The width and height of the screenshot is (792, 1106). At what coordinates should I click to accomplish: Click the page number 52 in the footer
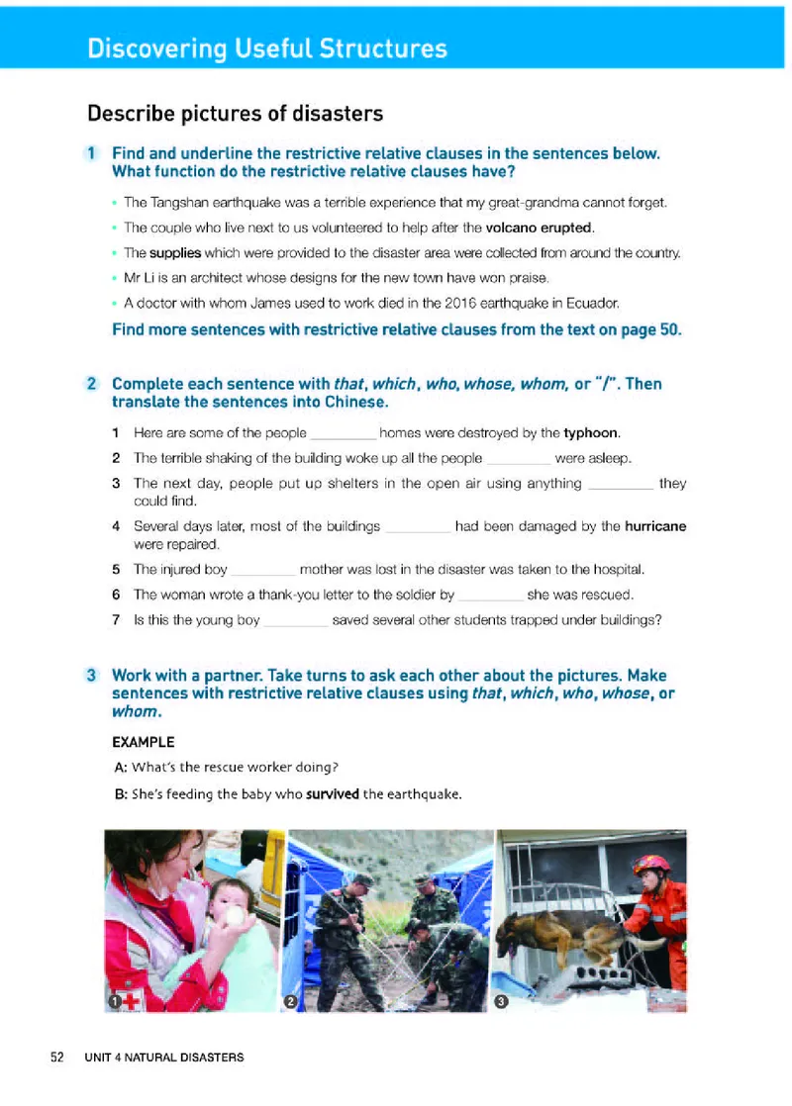[x=57, y=1058]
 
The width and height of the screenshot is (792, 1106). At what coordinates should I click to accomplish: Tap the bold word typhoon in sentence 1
[x=592, y=433]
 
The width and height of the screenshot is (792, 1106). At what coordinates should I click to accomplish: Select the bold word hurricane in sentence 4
[x=655, y=526]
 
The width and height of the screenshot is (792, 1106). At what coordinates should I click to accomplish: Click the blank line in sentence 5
[x=262, y=570]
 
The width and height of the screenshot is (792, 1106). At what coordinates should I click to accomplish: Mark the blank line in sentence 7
[x=296, y=621]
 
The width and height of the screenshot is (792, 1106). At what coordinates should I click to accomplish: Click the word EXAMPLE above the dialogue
[x=145, y=742]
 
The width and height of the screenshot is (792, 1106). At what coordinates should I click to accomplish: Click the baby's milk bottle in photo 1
[x=234, y=916]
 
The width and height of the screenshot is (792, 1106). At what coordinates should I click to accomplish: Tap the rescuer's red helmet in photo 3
[x=651, y=865]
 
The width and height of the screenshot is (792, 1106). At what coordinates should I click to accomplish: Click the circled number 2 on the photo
[x=291, y=1002]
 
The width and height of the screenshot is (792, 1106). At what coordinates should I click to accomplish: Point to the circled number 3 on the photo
[x=501, y=1002]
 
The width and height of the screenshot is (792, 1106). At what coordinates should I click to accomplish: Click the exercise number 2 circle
[x=91, y=383]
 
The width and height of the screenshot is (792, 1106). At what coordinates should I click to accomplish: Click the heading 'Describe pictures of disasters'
[x=235, y=114]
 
